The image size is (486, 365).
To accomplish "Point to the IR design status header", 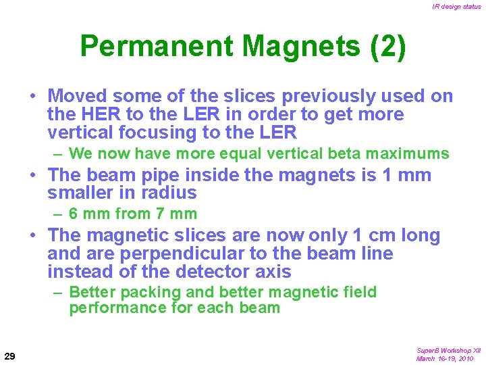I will tap(457, 7).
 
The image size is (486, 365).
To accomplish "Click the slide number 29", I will tap(10, 356).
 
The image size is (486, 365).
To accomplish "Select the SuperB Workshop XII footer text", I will tap(448, 351).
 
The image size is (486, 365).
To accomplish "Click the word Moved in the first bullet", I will tap(75, 96).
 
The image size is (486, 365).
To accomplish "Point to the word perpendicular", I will tap(136, 253).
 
